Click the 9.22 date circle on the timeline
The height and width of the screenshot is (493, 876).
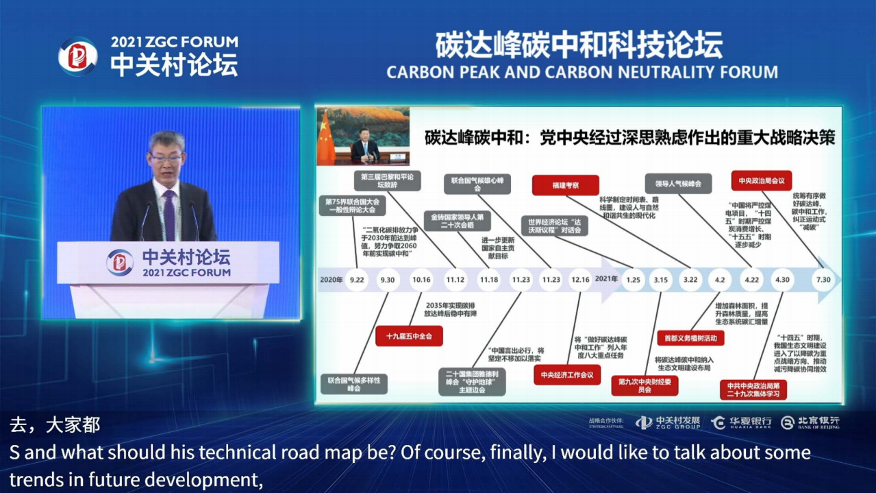tap(357, 280)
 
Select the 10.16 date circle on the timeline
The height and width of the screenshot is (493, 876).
tap(421, 280)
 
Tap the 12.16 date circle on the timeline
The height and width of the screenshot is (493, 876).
tap(581, 280)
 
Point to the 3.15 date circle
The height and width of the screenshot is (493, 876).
tap(660, 280)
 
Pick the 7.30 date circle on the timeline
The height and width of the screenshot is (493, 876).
tap(823, 280)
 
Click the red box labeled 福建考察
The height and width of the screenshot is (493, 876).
tap(565, 184)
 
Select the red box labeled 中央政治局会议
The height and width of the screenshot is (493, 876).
tap(761, 180)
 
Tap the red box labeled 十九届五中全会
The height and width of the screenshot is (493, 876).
tap(409, 336)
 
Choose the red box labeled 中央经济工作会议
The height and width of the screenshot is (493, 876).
tap(566, 374)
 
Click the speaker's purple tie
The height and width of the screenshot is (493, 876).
tap(168, 213)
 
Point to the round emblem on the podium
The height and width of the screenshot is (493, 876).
tap(121, 263)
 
